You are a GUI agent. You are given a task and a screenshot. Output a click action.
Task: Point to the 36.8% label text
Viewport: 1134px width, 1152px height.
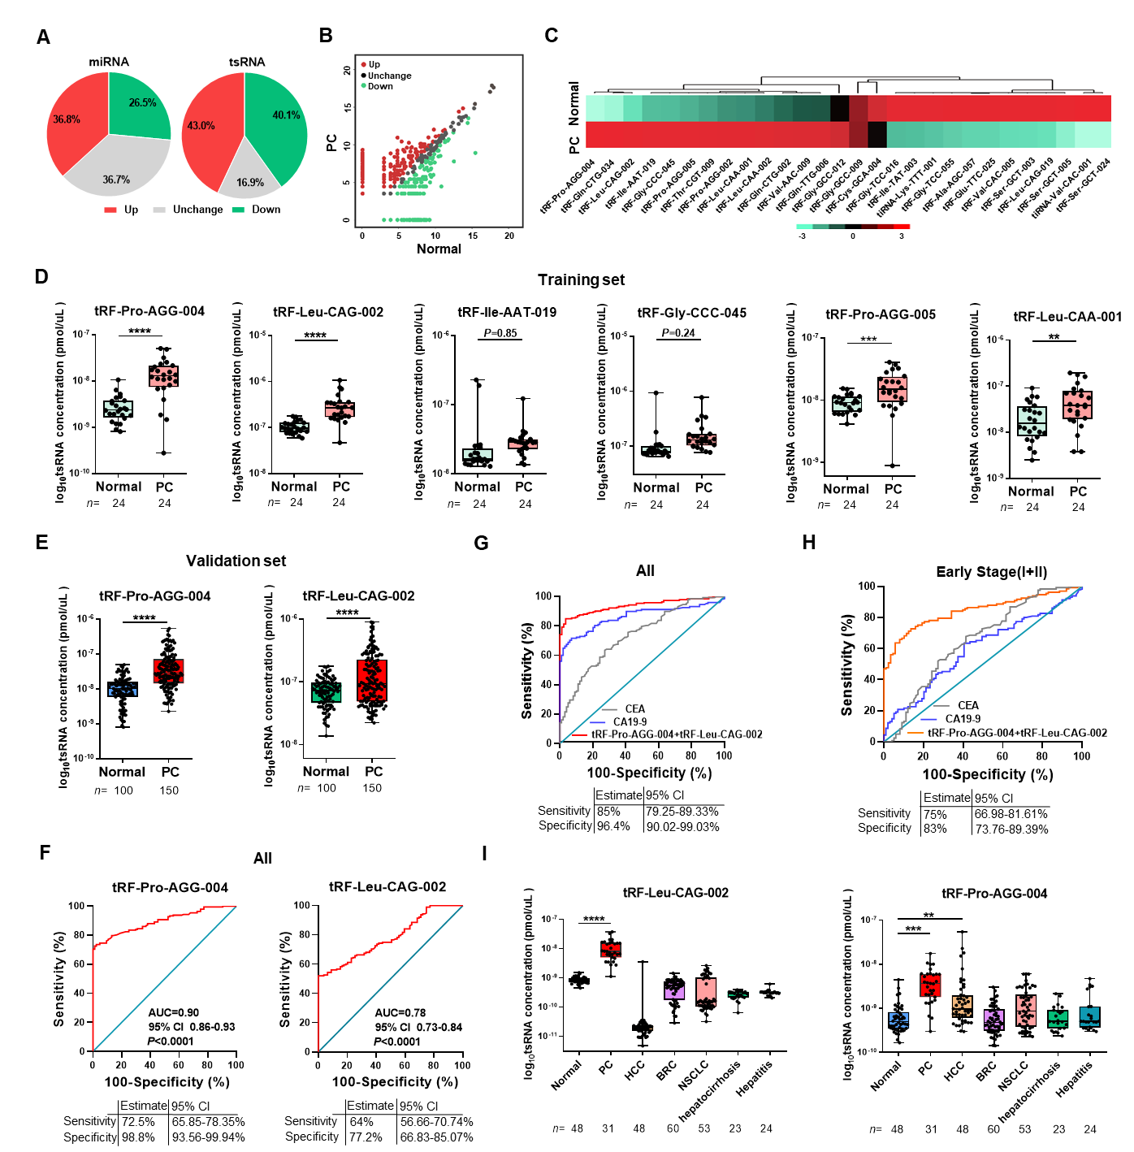[67, 119]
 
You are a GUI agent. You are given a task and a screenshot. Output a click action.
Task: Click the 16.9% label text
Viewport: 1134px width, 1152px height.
[250, 183]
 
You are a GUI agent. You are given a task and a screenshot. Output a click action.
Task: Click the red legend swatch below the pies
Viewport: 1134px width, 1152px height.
[110, 210]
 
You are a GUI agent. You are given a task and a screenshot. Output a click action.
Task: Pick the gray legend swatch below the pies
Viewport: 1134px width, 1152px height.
[159, 210]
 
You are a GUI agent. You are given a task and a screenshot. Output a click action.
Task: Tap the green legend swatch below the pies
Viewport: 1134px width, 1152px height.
[238, 210]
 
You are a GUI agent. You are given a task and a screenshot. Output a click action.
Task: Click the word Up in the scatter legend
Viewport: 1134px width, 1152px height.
[374, 64]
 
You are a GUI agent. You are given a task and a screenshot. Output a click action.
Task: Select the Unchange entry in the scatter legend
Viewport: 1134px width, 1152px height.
[389, 76]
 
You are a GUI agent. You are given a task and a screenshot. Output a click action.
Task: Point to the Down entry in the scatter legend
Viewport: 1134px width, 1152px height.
[380, 86]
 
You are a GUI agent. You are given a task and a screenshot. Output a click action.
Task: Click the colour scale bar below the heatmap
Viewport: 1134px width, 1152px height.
[853, 227]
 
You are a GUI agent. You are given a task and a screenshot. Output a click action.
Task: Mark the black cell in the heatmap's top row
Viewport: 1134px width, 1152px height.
[840, 108]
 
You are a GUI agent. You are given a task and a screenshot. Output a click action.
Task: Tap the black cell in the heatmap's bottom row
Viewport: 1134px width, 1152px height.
[877, 135]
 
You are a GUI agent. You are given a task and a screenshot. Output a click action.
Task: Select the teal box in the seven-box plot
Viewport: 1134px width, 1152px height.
[1089, 1016]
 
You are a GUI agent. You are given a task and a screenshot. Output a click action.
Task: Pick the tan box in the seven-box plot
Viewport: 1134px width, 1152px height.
[962, 1006]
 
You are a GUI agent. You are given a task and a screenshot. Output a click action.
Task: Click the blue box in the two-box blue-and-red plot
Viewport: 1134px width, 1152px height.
[123, 691]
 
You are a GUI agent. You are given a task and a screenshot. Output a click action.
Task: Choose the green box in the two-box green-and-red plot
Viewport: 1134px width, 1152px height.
[326, 692]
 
